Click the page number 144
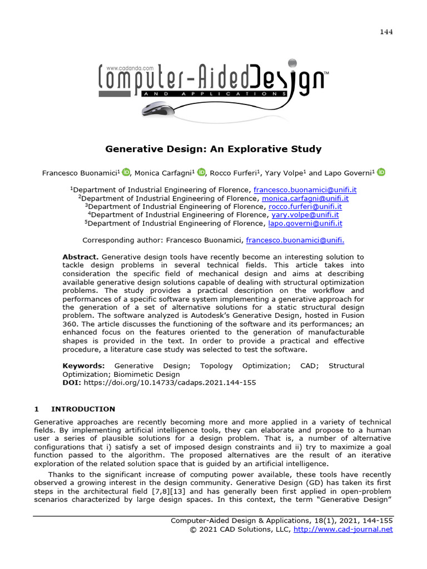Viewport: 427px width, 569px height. click(386, 32)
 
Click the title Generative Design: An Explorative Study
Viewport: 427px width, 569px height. click(213, 149)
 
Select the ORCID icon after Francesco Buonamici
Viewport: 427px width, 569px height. click(126, 172)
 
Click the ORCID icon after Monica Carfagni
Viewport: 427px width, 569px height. click(201, 172)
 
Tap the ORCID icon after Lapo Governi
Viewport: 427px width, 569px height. click(381, 172)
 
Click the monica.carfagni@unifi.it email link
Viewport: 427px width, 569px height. click(305, 198)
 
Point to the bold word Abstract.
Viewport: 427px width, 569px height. click(80, 257)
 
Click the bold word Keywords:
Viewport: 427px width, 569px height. click(83, 366)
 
